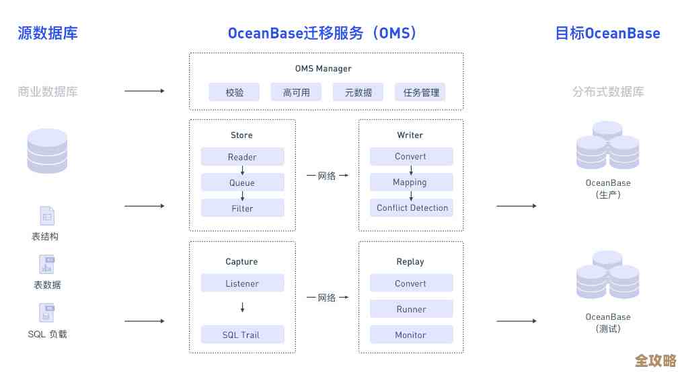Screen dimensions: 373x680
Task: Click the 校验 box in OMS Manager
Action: [x=235, y=92]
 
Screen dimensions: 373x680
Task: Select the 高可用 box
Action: [x=296, y=92]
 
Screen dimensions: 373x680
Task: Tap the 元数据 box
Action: [x=358, y=92]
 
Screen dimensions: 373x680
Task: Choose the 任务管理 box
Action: [x=420, y=92]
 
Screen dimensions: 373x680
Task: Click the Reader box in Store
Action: [x=242, y=157]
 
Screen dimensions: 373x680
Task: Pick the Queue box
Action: [x=242, y=182]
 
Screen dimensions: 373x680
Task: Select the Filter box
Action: [x=242, y=208]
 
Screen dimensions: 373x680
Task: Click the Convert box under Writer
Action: [x=411, y=156]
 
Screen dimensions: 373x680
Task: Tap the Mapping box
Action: [x=411, y=182]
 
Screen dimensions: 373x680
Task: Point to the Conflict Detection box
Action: [x=412, y=207]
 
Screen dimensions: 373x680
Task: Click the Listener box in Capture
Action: [x=242, y=283]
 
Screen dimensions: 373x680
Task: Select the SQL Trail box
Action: [x=242, y=335]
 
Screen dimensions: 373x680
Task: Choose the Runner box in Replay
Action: [x=411, y=309]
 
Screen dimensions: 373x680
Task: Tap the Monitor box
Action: [x=411, y=335]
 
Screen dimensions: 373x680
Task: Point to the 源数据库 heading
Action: [x=48, y=33]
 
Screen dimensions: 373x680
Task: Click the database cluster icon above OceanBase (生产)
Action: [x=607, y=146]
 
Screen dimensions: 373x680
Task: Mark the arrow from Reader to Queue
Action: [x=242, y=170]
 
